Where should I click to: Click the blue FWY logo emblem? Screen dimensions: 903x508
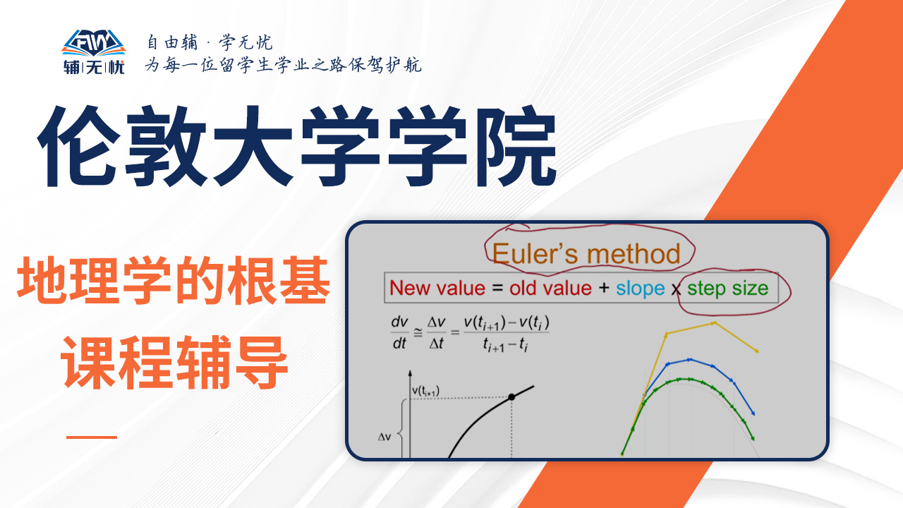coord(94,43)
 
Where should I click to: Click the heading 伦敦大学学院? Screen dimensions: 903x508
coord(297,146)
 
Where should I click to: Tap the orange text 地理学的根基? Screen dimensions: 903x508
coord(174,280)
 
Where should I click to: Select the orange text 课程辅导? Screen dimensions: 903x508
coord(174,362)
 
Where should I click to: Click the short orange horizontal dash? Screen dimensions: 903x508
coord(92,437)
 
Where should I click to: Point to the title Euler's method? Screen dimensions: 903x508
coord(586,253)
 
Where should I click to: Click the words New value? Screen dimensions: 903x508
coord(437,288)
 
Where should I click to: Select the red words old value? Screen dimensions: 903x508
coord(551,288)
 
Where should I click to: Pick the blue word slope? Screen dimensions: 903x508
coord(640,289)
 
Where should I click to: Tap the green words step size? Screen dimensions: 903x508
coord(727,289)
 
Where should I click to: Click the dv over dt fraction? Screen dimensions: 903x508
coord(399,332)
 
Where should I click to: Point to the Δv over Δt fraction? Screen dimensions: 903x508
coord(436,332)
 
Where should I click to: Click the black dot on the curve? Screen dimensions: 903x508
coord(511,397)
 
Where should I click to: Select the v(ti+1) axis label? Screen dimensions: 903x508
coord(425,391)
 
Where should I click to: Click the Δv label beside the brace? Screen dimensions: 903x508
coord(384,437)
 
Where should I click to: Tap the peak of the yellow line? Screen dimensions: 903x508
coord(715,323)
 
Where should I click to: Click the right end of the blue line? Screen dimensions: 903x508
coord(753,413)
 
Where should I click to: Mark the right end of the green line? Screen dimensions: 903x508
coord(753,439)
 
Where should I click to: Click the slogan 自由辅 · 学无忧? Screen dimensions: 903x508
coord(210,42)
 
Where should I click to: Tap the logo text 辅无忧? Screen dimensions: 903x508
coord(94,67)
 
